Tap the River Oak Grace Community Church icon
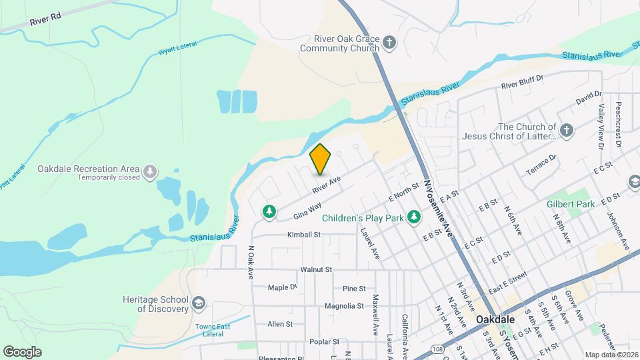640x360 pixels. click(x=390, y=44)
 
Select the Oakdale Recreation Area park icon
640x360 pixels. click(x=151, y=171)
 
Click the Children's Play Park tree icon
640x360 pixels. click(x=414, y=217)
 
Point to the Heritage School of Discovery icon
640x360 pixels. click(x=198, y=304)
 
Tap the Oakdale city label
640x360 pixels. click(x=495, y=319)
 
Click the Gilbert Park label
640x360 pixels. click(x=570, y=204)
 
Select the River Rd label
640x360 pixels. click(x=45, y=19)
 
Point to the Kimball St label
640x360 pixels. click(x=304, y=235)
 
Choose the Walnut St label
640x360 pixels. click(x=316, y=270)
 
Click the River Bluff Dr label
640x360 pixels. click(x=523, y=82)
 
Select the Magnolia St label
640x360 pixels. click(x=344, y=306)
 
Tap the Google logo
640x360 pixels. click(x=22, y=351)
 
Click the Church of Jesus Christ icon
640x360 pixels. click(x=567, y=131)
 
